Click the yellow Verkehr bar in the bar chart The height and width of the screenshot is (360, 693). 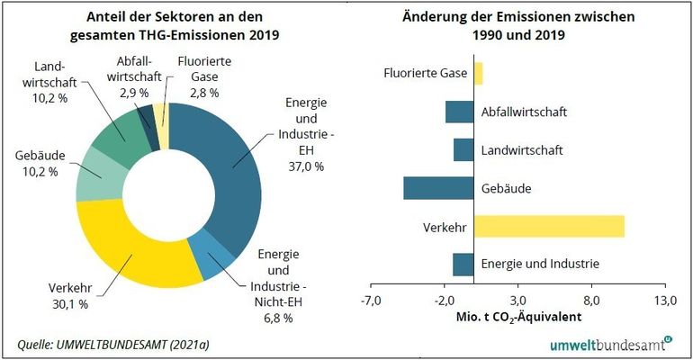pyautogui.click(x=548, y=226)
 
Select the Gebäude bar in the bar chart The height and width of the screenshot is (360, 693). pyautogui.click(x=438, y=187)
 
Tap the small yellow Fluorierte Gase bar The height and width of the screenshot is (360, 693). pyautogui.click(x=478, y=73)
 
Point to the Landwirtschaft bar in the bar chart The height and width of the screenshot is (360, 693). pyautogui.click(x=463, y=149)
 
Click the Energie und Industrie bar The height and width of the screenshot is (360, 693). pyautogui.click(x=463, y=264)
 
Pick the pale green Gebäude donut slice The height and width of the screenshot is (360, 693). pyautogui.click(x=94, y=177)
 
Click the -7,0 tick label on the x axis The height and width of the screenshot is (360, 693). pyautogui.click(x=371, y=301)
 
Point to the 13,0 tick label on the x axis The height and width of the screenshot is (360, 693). pyautogui.click(x=664, y=301)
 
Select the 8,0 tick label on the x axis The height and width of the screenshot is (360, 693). pyautogui.click(x=591, y=301)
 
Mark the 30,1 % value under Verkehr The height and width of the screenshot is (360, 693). pyautogui.click(x=66, y=304)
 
